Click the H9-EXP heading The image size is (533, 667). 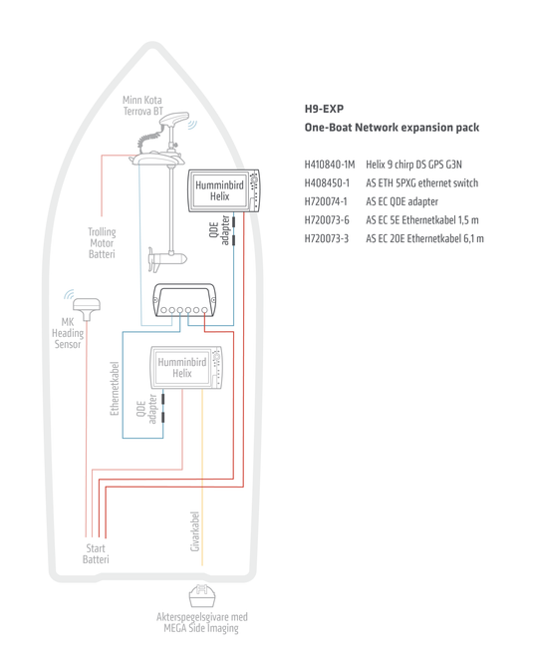pos(324,108)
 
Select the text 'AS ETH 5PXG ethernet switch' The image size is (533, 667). pos(421,182)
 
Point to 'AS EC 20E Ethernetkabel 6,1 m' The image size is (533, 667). pos(424,239)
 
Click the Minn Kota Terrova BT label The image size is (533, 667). pos(141,106)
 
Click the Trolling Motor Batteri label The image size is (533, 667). pos(102,243)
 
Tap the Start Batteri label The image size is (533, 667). pos(96,553)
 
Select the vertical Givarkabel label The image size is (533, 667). pos(195,530)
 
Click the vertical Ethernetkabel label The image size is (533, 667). pos(115,388)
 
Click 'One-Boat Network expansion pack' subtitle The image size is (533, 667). pos(392,128)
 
